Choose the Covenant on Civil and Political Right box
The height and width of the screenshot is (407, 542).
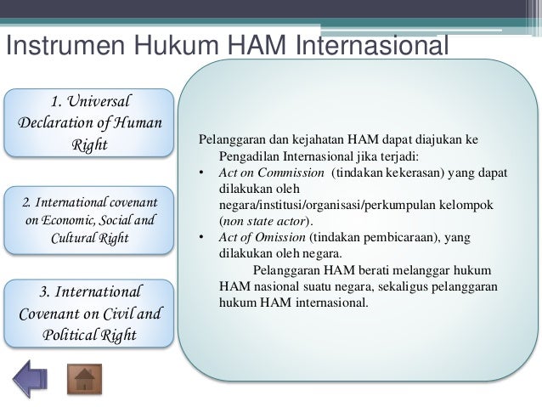89,312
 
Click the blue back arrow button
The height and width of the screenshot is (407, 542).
30,379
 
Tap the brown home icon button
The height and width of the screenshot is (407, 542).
83,379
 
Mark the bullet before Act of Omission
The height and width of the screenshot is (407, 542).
201,237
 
